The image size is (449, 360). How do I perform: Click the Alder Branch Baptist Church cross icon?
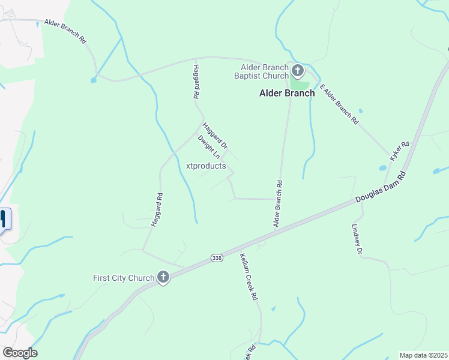pyautogui.click(x=298, y=72)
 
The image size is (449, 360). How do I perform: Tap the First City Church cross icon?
pyautogui.click(x=163, y=277)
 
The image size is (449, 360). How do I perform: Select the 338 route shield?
pyautogui.click(x=216, y=257)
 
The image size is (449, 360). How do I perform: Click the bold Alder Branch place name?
pyautogui.click(x=287, y=93)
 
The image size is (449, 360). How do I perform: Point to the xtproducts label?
pyautogui.click(x=206, y=166)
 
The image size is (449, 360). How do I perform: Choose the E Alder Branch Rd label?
pyautogui.click(x=339, y=104)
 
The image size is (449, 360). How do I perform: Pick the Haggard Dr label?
pyautogui.click(x=215, y=136)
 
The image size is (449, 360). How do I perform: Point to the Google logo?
pyautogui.click(x=20, y=353)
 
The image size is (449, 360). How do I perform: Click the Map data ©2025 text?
pyautogui.click(x=423, y=355)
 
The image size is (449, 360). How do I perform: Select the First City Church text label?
pyautogui.click(x=123, y=278)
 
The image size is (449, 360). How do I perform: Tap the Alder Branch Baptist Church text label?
pyautogui.click(x=264, y=71)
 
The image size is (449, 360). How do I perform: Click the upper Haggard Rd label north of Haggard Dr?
pyautogui.click(x=196, y=81)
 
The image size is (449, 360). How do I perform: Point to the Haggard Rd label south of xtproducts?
pyautogui.click(x=156, y=209)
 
